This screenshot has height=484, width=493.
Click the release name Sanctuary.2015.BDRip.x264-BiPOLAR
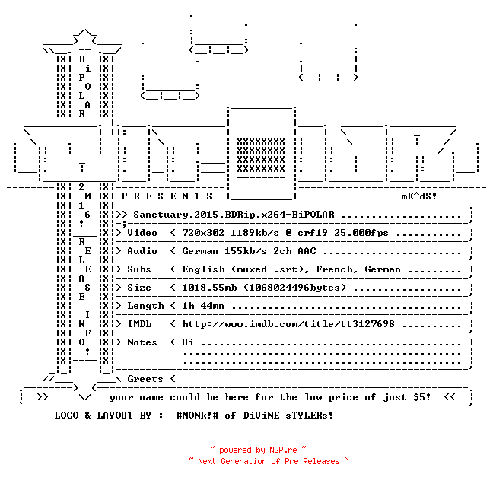point(234,215)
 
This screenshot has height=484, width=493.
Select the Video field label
point(142,233)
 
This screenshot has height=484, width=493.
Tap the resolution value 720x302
point(203,233)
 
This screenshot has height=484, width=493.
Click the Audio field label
point(142,251)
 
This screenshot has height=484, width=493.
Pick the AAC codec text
point(307,251)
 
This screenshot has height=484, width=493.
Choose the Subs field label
point(139,269)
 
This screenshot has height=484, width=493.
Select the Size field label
point(139,288)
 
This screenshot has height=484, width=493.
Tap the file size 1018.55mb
point(209,288)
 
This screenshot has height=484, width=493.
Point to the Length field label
point(145,306)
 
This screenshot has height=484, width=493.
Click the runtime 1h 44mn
point(203,306)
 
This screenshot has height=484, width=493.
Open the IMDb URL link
point(288,324)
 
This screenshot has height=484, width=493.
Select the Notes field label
point(142,342)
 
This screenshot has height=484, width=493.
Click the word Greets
point(145,379)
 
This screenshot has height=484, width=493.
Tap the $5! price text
point(422,397)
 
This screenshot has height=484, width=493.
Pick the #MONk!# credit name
point(198,415)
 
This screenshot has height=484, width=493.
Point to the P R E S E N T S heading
point(167,196)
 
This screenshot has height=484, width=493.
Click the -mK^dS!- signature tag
point(419,196)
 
